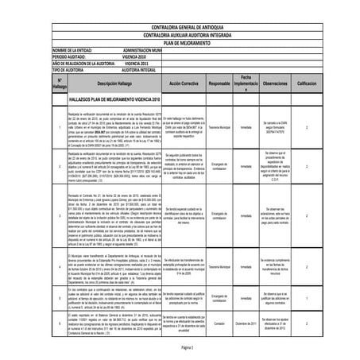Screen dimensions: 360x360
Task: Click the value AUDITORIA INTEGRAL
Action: [145, 71]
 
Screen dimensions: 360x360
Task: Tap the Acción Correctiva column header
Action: [188, 83]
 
